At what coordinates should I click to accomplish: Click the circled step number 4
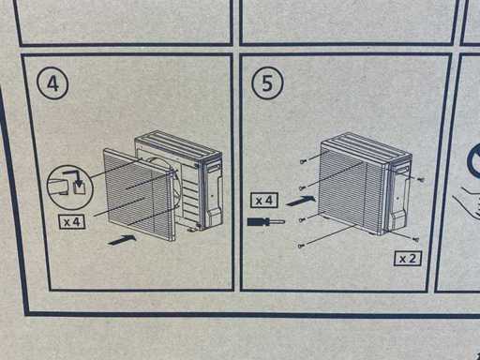52,83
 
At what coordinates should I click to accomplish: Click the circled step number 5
267,83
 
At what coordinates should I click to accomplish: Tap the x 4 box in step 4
72,222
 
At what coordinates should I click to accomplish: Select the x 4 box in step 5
264,201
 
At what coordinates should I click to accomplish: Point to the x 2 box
408,259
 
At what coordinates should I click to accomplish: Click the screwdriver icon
266,222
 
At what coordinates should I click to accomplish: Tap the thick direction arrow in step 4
122,240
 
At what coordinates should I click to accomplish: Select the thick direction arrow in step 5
300,201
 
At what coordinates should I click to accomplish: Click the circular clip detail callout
69,187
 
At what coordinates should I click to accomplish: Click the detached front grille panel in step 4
139,194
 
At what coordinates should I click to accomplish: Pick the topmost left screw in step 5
303,161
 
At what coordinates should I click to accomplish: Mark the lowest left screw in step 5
301,246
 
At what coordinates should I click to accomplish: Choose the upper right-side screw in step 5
421,180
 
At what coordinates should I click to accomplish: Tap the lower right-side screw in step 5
416,239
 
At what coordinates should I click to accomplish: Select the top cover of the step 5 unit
367,147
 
